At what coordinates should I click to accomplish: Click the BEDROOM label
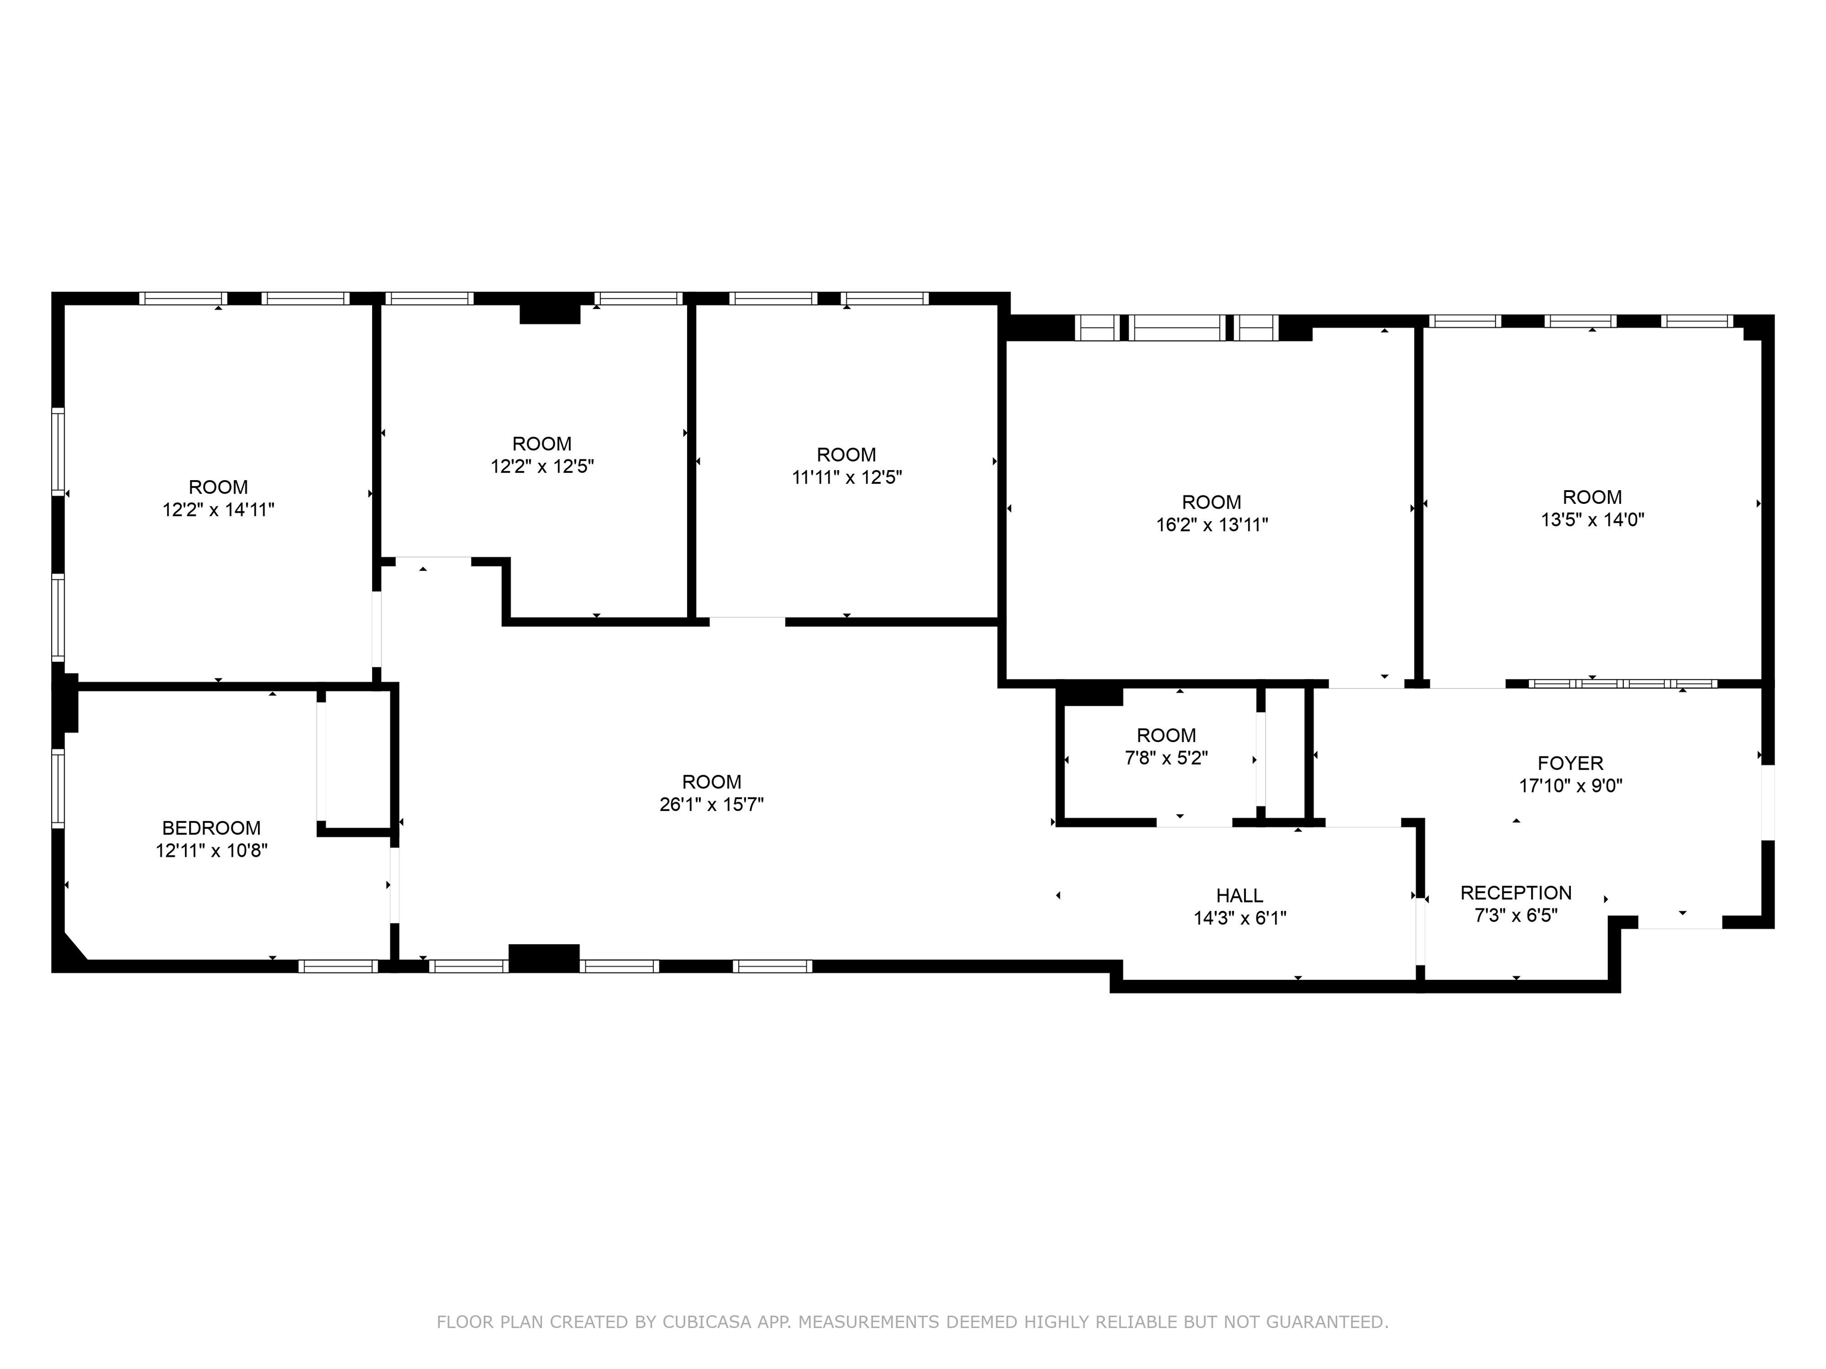click(x=212, y=828)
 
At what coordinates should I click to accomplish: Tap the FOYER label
click(x=1570, y=764)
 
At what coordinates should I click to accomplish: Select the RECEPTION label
click(x=1516, y=893)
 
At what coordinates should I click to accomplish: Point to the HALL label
click(x=1239, y=895)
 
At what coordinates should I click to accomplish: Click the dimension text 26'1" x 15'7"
click(x=711, y=805)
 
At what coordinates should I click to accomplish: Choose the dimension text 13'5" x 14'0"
click(x=1592, y=520)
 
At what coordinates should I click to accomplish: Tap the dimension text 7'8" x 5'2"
click(x=1166, y=758)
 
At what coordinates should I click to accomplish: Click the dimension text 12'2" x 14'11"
click(x=218, y=510)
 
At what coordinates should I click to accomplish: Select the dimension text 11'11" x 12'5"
click(x=847, y=477)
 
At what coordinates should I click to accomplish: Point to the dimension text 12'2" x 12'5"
click(x=542, y=466)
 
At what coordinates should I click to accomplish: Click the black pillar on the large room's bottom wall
click(x=543, y=958)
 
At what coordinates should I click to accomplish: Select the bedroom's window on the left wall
click(x=58, y=788)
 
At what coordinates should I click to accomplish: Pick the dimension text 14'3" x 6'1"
click(x=1240, y=917)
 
